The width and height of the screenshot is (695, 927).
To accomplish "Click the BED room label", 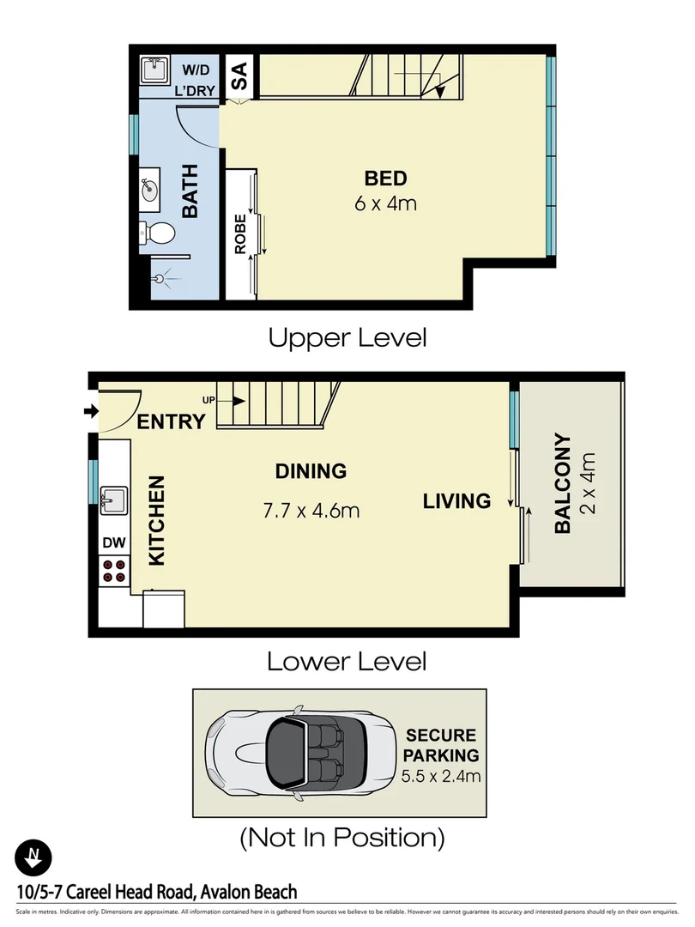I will coord(385,179).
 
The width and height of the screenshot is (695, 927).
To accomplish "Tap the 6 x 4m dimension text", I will coord(385,204).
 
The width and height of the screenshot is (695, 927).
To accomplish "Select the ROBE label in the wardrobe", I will coord(240,233).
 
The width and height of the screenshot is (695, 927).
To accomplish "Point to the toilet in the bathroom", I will coord(159,232).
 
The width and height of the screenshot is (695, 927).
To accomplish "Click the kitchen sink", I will coord(113,500).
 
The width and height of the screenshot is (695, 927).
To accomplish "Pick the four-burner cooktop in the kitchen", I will coord(113,570).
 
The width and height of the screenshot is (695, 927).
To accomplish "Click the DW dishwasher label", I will coord(113,542).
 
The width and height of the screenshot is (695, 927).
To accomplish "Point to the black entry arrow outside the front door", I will coord(90,413).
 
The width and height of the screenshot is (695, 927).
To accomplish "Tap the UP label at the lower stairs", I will coord(208,400).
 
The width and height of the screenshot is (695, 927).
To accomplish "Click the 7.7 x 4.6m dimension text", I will coord(311,512).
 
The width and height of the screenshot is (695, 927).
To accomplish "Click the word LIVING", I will coord(456,500).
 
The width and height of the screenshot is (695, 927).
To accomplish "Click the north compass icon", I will coord(33,857).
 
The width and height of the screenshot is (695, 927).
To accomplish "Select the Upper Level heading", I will coord(347,337).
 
